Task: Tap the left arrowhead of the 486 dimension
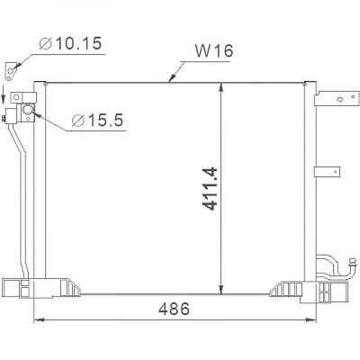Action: pyautogui.click(x=37, y=319)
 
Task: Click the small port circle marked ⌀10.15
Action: pyautogui.click(x=10, y=69)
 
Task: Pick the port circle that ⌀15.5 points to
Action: pyautogui.click(x=26, y=111)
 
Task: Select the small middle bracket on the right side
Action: pyautogui.click(x=323, y=172)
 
